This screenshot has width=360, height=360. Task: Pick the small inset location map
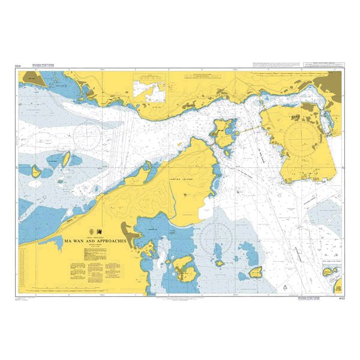(151, 91)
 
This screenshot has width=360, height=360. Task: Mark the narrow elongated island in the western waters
(67, 160)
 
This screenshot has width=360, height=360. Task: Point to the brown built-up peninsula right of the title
(128, 230)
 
